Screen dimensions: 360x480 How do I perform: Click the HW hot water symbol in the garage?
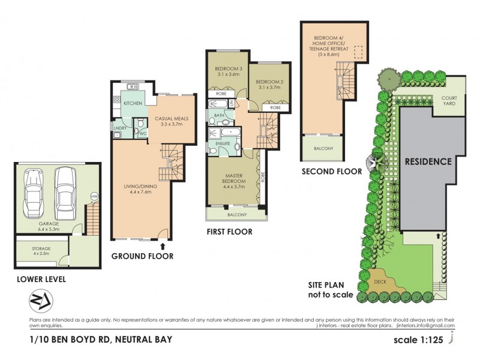[x=94, y=196]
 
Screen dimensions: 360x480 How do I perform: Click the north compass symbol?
[x=39, y=299]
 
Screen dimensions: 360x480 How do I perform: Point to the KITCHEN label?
[x=133, y=104]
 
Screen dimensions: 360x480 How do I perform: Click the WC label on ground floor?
[x=143, y=133]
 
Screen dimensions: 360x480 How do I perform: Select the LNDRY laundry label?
[x=119, y=127]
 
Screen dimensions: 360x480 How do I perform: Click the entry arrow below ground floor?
[x=162, y=244]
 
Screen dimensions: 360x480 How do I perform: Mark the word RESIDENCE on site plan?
[x=428, y=161]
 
